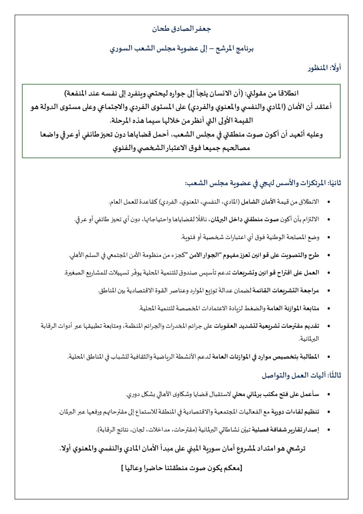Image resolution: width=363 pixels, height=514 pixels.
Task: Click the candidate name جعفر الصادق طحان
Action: point(181,29)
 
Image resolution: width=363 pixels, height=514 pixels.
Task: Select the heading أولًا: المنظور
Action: point(323,68)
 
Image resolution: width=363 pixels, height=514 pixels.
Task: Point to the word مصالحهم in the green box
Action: point(238,148)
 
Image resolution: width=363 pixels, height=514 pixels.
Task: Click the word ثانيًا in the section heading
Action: point(334,183)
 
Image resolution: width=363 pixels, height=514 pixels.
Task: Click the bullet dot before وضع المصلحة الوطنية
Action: point(328,237)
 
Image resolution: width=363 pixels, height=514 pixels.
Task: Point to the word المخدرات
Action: point(173,326)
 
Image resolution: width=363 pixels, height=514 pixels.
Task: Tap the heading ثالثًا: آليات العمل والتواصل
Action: point(301,375)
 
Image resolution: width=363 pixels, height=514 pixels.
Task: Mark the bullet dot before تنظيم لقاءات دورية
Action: point(328,412)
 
